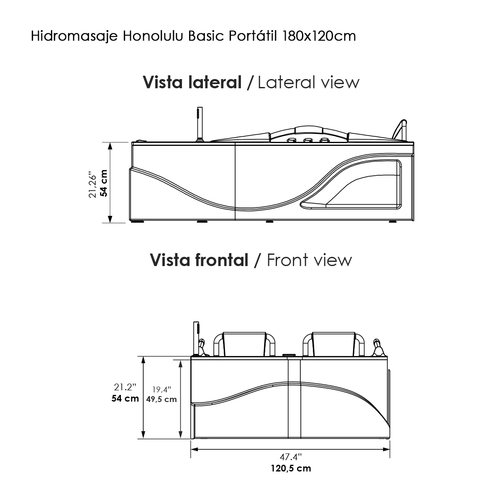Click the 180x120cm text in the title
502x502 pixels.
(319, 36)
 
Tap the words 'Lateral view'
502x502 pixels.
(308, 82)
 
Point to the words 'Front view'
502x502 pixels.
(309, 260)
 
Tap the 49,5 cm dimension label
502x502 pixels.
(161, 399)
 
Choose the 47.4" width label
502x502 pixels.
(290, 457)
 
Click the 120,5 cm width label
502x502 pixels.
(290, 468)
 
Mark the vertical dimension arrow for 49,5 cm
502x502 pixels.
(181, 399)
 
